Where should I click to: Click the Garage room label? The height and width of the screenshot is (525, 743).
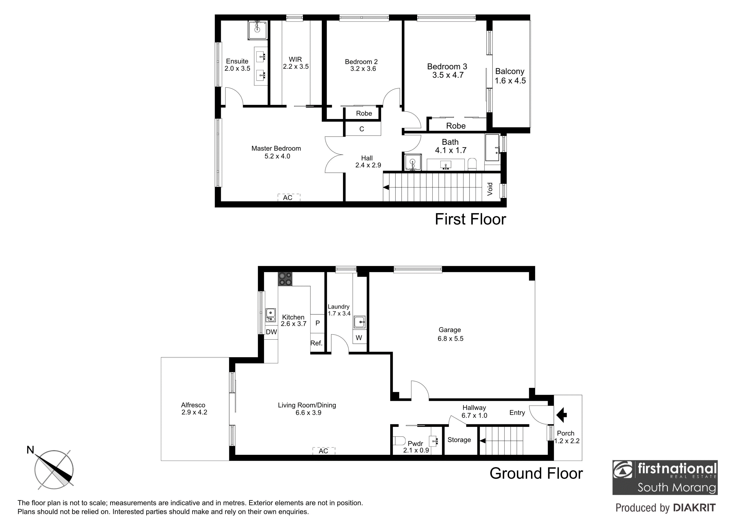450,330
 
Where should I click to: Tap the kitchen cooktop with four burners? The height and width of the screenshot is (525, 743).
285,279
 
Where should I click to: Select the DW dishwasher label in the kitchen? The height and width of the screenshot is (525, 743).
272,332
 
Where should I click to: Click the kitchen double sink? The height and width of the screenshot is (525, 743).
270,315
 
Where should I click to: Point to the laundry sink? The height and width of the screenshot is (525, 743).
359,322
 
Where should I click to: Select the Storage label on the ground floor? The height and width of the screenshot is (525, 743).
459,440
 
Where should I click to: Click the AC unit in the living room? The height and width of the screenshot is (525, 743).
324,451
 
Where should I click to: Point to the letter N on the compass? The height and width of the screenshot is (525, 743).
30,450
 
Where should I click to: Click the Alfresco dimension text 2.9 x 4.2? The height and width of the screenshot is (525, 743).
194,412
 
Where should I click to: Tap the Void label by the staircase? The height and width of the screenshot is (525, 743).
490,189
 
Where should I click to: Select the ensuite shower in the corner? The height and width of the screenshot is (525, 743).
258,30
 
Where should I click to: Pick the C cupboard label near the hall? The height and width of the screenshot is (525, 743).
362,129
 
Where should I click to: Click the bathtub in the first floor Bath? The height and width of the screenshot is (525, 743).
492,148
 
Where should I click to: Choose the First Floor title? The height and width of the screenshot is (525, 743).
471,219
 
